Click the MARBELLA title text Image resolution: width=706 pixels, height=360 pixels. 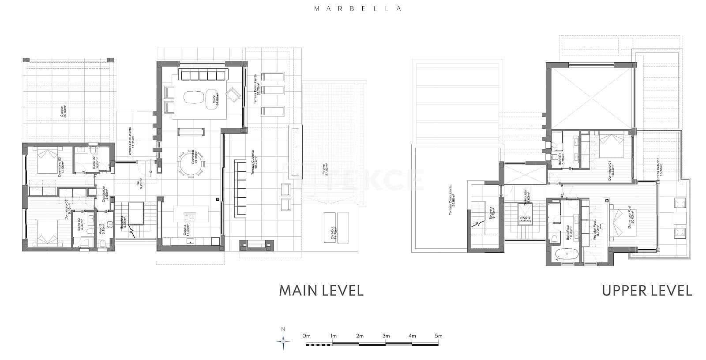click(x=357, y=8)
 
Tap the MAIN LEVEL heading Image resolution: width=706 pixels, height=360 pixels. click(x=321, y=290)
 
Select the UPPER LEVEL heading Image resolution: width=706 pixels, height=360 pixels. click(x=647, y=290)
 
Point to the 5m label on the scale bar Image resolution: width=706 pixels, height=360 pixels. click(x=438, y=336)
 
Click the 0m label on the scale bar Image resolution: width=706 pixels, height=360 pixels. click(x=307, y=336)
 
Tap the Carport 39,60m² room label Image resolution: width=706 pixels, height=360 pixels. click(x=64, y=111)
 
